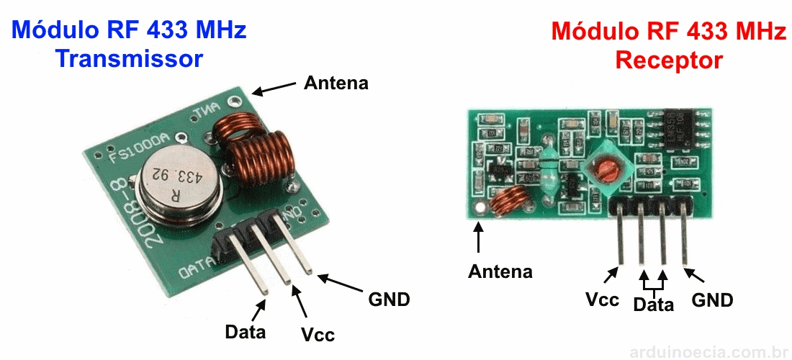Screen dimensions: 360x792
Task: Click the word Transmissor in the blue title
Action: pos(130,58)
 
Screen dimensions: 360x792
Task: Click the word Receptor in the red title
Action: pos(669,60)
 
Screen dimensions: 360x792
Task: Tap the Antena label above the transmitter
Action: pos(336,83)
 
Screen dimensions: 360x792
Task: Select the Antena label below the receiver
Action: pos(500,271)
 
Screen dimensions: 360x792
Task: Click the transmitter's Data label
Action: pos(245,332)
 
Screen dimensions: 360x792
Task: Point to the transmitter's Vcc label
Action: pos(318,335)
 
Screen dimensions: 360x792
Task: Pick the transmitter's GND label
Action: pos(389,299)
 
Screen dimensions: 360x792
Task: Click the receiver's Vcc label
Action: pos(603,300)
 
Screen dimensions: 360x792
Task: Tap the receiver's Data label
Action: pos(653,305)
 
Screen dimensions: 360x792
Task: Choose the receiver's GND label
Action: pos(712,300)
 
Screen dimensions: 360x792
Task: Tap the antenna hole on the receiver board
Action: pos(479,210)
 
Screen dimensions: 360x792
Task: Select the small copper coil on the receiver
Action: pos(511,201)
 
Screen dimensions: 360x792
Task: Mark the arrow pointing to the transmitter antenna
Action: pos(274,88)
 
